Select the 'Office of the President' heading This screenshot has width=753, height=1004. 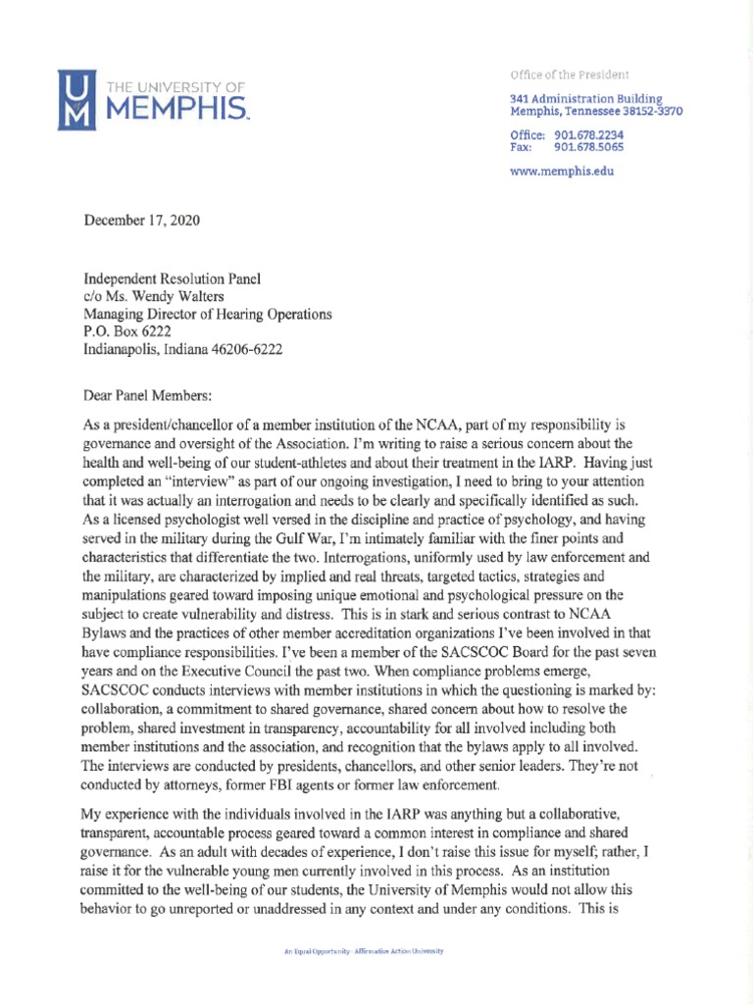(x=570, y=75)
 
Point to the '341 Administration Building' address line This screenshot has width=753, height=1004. (x=586, y=99)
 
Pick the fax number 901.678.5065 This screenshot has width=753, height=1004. (x=588, y=147)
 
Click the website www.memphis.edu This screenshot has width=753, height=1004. (x=563, y=171)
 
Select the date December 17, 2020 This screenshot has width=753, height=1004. (x=142, y=221)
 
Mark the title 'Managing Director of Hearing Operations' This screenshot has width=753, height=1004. (x=208, y=314)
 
